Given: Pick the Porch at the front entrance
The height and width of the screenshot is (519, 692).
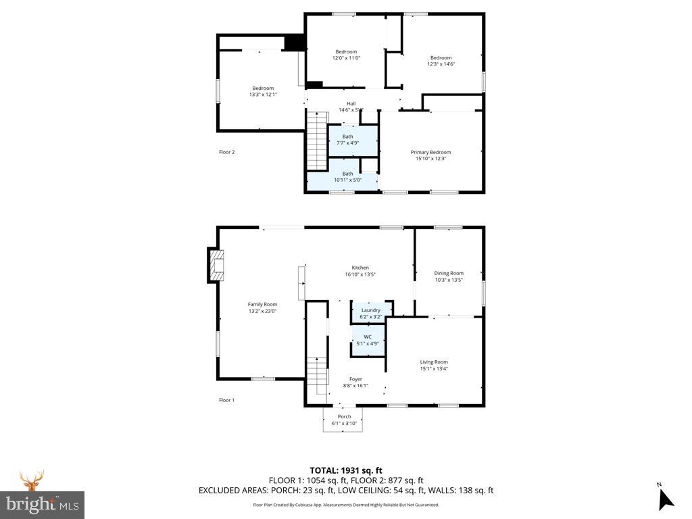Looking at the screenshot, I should [x=344, y=420].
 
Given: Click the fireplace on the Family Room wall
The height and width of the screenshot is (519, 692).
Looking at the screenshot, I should [x=216, y=266].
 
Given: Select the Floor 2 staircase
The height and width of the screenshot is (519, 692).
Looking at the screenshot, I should [x=316, y=142].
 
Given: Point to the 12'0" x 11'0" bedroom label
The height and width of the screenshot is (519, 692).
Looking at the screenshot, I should [x=346, y=55].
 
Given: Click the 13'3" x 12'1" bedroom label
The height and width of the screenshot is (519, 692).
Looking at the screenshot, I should [x=263, y=91].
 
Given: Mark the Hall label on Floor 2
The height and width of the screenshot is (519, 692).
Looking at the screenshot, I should [x=351, y=107].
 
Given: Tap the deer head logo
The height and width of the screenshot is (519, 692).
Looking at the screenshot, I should [x=31, y=481].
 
